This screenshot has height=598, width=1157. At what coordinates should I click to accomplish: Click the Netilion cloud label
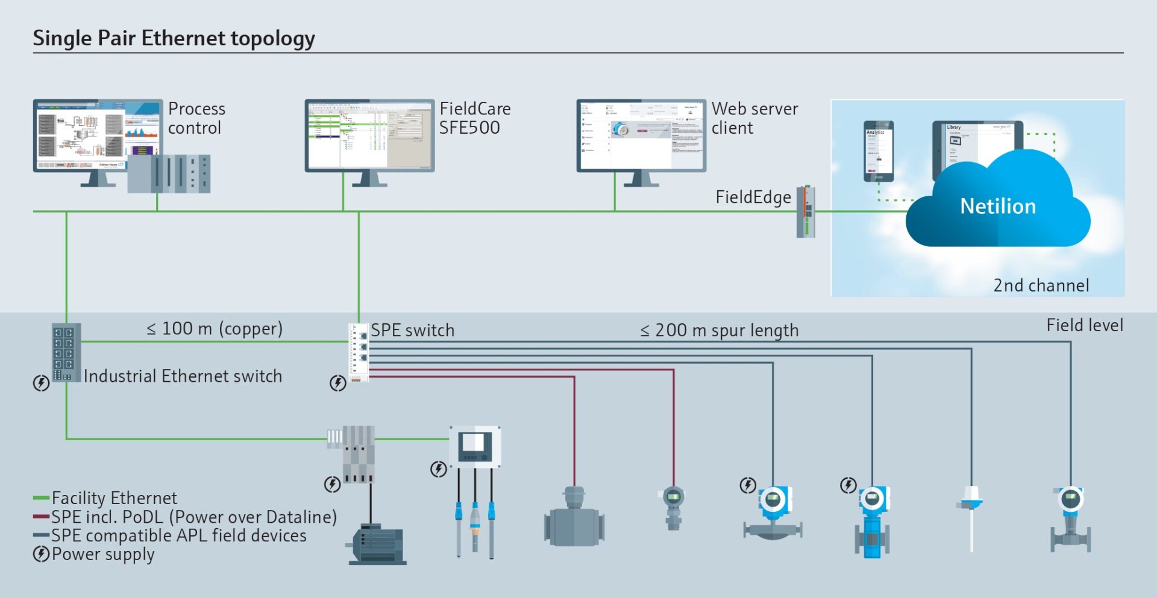pos(998,207)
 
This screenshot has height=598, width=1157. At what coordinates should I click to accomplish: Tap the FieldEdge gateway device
pos(806,211)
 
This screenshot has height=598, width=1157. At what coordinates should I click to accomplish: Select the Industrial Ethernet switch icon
pos(66,352)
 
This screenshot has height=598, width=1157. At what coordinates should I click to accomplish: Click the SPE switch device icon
pos(359,353)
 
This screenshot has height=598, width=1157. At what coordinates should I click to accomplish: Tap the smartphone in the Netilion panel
pos(878,151)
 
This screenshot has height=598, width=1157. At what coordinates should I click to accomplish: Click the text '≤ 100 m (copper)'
pos(214,329)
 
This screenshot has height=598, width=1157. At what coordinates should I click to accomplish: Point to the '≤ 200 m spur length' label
pos(719,331)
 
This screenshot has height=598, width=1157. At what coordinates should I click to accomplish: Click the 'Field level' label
pos(1084,326)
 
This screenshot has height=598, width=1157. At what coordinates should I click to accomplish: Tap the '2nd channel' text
pos(1041,285)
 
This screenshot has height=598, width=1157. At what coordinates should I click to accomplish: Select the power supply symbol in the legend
pos(41,554)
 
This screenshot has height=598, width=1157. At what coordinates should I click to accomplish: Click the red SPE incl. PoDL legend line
pos(40,517)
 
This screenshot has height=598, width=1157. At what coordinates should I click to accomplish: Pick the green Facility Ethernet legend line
pos(40,498)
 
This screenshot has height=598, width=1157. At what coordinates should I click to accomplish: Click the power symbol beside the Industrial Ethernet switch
pos(41,382)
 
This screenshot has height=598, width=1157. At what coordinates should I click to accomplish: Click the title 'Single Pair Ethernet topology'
pos(174,38)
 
